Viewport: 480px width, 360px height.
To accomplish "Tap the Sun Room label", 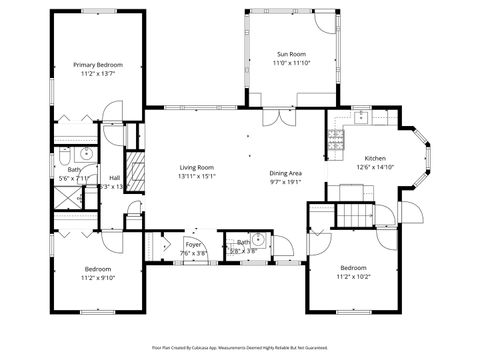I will click(293, 54).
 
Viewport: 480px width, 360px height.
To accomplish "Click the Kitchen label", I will click(375, 159).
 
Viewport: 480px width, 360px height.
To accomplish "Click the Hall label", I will click(114, 178).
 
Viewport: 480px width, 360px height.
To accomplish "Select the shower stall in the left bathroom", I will click(71, 197).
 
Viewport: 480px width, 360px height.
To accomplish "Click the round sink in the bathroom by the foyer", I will click(257, 239).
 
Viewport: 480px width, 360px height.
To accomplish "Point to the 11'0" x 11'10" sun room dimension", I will click(293, 63).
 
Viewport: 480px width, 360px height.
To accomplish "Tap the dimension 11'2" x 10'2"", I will click(353, 276).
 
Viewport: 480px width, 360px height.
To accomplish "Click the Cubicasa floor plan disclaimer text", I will click(240, 347).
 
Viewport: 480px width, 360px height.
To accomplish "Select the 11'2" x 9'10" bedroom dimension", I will click(98, 277).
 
